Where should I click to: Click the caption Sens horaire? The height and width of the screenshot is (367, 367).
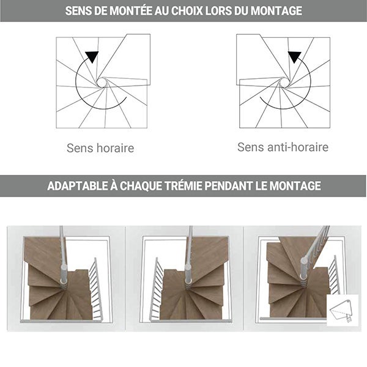coord(100,148)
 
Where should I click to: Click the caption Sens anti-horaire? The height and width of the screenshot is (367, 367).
coord(283,147)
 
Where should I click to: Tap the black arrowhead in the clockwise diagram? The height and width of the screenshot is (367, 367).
coord(92,57)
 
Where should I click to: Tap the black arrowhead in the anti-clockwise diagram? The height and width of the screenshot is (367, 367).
coord(295,57)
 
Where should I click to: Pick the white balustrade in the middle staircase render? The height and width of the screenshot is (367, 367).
coord(157,291)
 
